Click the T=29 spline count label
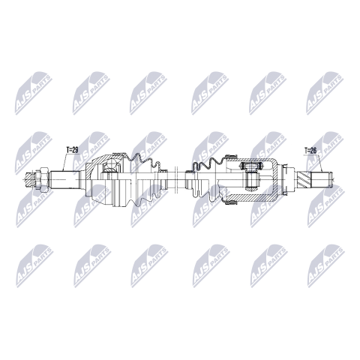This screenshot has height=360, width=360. (x=72, y=150)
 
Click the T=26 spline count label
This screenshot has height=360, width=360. (x=310, y=151)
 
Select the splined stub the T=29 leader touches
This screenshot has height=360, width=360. (x=65, y=179)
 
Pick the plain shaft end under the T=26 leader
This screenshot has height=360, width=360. (x=321, y=179)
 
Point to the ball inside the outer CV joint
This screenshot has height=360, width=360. (x=111, y=166)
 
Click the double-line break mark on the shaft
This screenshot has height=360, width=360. (x=175, y=179)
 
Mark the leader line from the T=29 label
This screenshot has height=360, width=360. (x=64, y=162)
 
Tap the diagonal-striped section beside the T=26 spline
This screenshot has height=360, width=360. (x=304, y=179)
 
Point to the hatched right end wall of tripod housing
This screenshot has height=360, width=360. (x=276, y=179)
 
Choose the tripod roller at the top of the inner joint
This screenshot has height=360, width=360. (x=250, y=165)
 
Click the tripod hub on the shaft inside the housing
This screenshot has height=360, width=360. (x=250, y=179)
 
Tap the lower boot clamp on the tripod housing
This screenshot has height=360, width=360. (x=231, y=202)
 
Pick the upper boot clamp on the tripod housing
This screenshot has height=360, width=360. (x=231, y=156)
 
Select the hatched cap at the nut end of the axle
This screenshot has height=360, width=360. (x=29, y=179)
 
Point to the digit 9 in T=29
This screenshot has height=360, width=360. (x=76, y=150)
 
